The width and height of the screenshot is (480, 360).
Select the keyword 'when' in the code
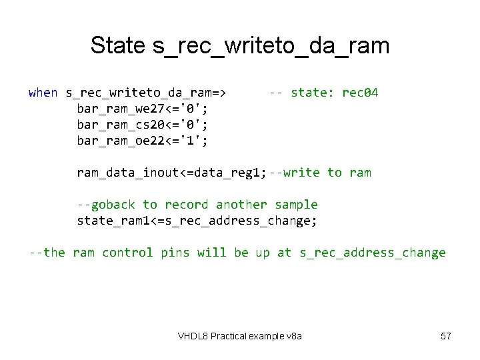[43, 93]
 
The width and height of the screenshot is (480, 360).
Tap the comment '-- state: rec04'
[323, 93]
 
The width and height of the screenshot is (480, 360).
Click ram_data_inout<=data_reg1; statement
[171, 173]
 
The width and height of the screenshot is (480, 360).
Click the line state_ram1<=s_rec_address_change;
[197, 221]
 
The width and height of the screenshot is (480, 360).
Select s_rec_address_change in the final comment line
[372, 253]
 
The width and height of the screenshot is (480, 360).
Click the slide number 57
[446, 336]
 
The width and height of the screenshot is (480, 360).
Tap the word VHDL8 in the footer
[192, 336]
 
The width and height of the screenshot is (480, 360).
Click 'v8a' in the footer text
[294, 336]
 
